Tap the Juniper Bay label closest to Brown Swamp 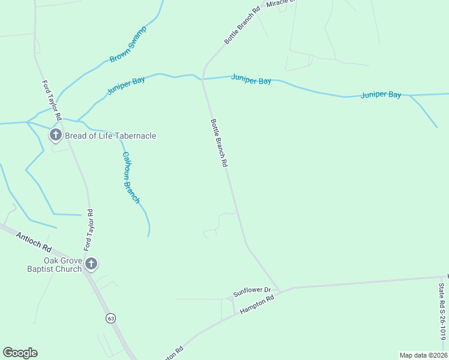pyautogui.click(x=126, y=86)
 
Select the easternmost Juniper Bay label pyautogui.click(x=381, y=95)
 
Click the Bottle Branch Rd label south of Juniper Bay pyautogui.click(x=219, y=142)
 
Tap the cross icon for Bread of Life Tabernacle pyautogui.click(x=55, y=135)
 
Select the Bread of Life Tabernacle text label pyautogui.click(x=110, y=136)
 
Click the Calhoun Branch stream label pyautogui.click(x=131, y=177)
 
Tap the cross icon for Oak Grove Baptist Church pyautogui.click(x=91, y=264)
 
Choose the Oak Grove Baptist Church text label pyautogui.click(x=62, y=265)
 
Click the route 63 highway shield pyautogui.click(x=110, y=318)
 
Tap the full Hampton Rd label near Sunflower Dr pyautogui.click(x=256, y=304)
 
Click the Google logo pyautogui.click(x=20, y=353)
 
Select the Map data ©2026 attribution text pyautogui.click(x=423, y=355)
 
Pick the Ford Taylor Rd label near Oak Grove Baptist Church pyautogui.click(x=88, y=230)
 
